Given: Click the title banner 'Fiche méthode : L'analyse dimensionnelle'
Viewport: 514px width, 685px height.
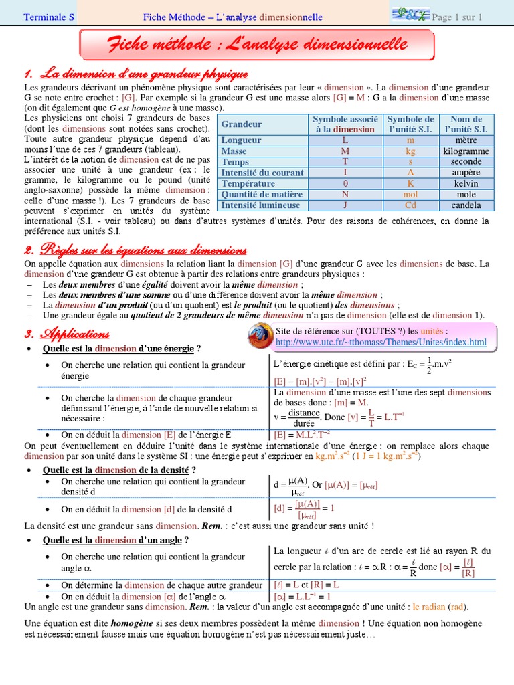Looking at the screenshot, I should tap(257, 45).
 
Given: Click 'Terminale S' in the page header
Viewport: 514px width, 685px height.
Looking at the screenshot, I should tap(50, 17).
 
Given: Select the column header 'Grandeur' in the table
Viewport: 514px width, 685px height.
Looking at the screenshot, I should tap(242, 124).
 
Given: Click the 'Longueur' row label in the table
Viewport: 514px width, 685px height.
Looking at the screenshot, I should tap(242, 140).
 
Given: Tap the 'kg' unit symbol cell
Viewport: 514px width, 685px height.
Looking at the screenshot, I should tap(410, 151).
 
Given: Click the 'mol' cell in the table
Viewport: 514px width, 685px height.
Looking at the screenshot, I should tap(410, 194).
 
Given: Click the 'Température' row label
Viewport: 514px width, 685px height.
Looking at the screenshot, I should tap(248, 183).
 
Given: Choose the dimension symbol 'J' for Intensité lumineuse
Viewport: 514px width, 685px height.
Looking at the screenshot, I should tap(345, 205).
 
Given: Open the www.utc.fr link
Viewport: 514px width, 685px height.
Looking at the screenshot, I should tap(381, 342).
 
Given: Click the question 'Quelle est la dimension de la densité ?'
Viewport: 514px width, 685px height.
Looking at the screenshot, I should tap(119, 470).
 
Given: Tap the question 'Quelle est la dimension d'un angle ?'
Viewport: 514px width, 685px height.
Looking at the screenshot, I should tap(115, 540).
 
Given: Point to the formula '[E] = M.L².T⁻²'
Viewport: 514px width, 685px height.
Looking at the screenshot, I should tap(301, 433).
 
